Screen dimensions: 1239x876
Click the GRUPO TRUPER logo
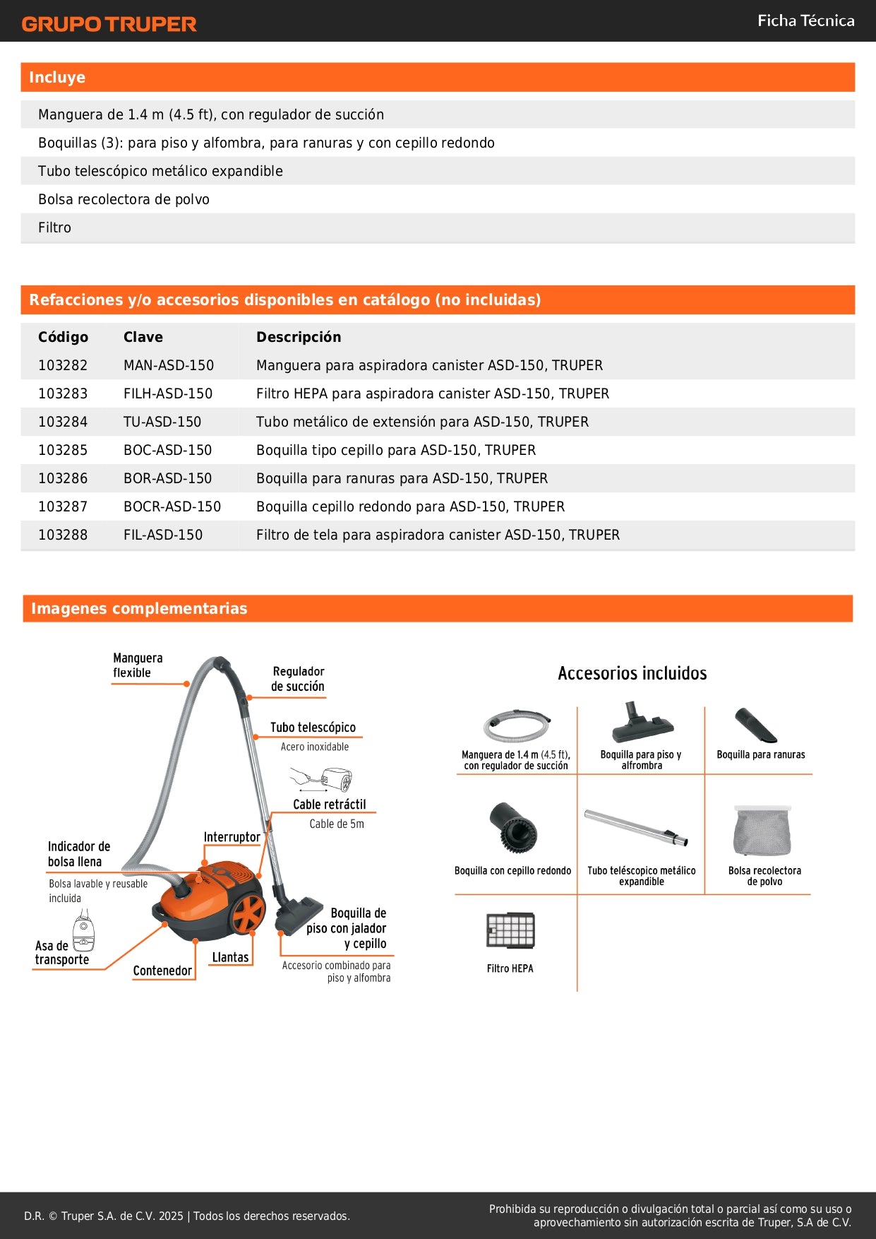[109, 24]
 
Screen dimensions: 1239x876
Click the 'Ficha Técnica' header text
[805, 20]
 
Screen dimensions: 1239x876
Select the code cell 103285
[63, 450]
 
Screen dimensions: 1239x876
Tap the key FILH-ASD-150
[168, 393]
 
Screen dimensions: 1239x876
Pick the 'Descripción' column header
[299, 337]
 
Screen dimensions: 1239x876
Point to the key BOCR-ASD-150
[172, 506]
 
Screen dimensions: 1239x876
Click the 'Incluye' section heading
[57, 77]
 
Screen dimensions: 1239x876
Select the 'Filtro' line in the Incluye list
[55, 227]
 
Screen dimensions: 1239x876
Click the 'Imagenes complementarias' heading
[139, 608]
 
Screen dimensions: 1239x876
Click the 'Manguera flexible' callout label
[138, 665]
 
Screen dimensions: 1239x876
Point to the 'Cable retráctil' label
[330, 805]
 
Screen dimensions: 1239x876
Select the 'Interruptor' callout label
[232, 837]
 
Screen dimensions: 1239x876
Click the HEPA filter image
[510, 930]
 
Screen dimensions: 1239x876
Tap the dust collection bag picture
[762, 831]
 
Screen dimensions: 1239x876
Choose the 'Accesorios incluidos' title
[632, 673]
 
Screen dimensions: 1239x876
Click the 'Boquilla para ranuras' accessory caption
[760, 754]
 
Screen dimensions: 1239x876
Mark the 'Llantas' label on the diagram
[230, 957]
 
